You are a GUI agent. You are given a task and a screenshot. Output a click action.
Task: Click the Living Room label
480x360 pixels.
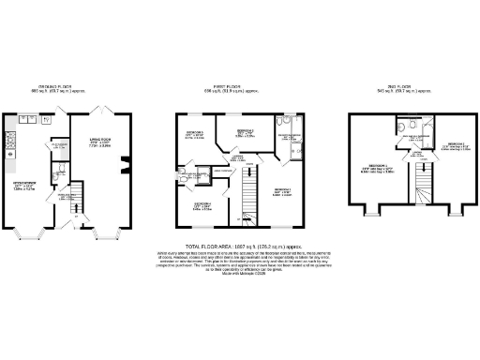tap(101, 143)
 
